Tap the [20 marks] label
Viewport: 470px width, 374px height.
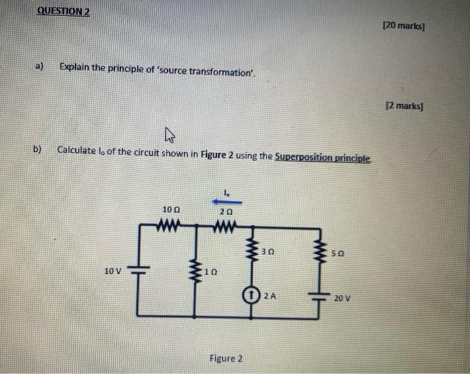click(x=404, y=26)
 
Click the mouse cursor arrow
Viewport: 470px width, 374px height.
click(x=169, y=137)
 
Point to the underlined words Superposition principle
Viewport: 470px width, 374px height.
click(x=323, y=156)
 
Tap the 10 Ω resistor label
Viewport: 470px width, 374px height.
click(x=171, y=210)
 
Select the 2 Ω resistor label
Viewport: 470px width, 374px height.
click(x=226, y=211)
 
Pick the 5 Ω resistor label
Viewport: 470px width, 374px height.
click(x=340, y=254)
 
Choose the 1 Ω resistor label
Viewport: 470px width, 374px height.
click(x=211, y=273)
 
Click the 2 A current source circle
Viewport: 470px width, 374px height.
click(x=250, y=295)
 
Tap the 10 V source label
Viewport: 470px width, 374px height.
click(x=113, y=271)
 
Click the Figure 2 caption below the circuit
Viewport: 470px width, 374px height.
click(x=226, y=358)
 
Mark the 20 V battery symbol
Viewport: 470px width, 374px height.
click(x=318, y=295)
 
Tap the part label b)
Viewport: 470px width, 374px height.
click(x=38, y=149)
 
